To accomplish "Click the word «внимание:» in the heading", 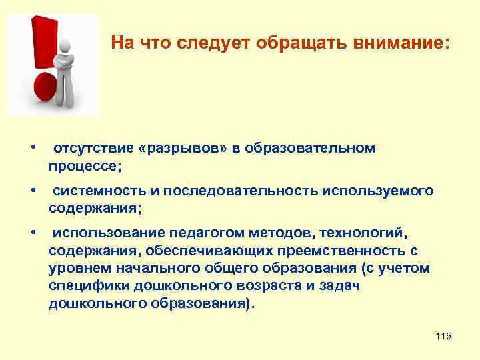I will pyautogui.click(x=406, y=43).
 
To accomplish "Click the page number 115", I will pyautogui.click(x=443, y=337).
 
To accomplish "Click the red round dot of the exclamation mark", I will pyautogui.click(x=45, y=88).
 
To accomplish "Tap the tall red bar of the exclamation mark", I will pyautogui.click(x=39, y=40).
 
